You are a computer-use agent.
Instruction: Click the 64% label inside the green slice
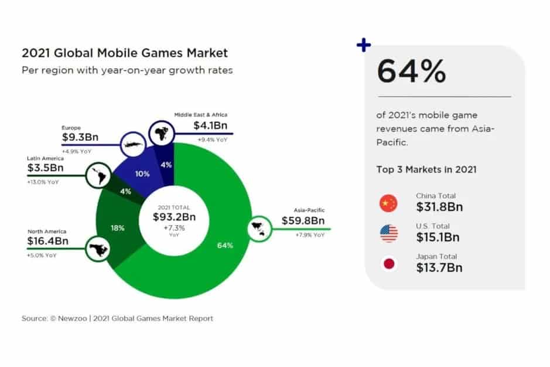(225, 245)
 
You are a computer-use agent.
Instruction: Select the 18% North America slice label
(118, 227)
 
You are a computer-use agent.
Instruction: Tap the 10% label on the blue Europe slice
(142, 174)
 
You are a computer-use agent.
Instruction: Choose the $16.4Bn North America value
(48, 240)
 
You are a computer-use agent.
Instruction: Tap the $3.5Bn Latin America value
(46, 168)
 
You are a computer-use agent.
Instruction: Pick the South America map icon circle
(97, 175)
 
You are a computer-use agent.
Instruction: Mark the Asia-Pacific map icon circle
(259, 228)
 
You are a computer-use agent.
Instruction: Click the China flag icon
(388, 203)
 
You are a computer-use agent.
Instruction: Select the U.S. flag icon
(388, 233)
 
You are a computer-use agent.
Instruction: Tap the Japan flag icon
(388, 264)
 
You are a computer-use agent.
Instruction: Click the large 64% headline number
(411, 72)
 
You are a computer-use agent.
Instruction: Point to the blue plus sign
(364, 45)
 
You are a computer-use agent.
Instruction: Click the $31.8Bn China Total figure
(439, 207)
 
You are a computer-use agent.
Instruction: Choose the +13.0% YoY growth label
(42, 181)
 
